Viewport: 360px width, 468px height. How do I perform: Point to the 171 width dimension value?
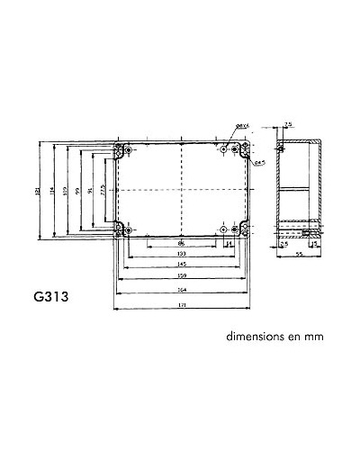tap(182, 308)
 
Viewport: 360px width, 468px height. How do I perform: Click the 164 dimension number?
tap(182, 289)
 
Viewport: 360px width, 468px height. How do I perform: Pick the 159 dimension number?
tap(182, 275)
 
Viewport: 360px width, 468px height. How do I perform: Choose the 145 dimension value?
tap(182, 265)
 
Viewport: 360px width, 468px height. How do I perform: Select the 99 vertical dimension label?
tap(78, 191)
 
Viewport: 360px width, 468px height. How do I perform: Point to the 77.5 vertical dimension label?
tap(103, 191)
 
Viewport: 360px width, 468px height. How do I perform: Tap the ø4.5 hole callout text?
tap(258, 162)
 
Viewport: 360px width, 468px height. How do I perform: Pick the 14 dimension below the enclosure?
tap(229, 244)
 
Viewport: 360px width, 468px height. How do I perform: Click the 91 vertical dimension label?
tap(91, 191)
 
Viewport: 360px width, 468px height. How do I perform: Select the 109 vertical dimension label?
tap(66, 191)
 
